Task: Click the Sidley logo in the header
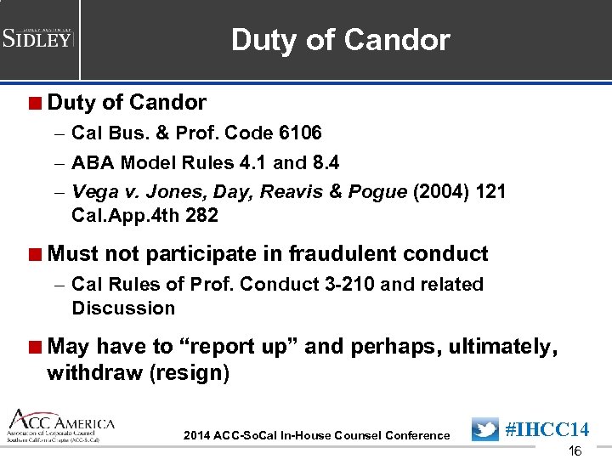tap(39, 37)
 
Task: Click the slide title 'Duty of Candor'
tap(340, 40)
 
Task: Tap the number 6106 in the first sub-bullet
tap(299, 133)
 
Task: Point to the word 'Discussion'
tap(123, 308)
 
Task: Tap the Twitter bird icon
tap(485, 429)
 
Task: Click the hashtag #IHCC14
tap(547, 429)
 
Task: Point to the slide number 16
tap(575, 451)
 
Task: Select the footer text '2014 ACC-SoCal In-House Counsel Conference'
tap(316, 436)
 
